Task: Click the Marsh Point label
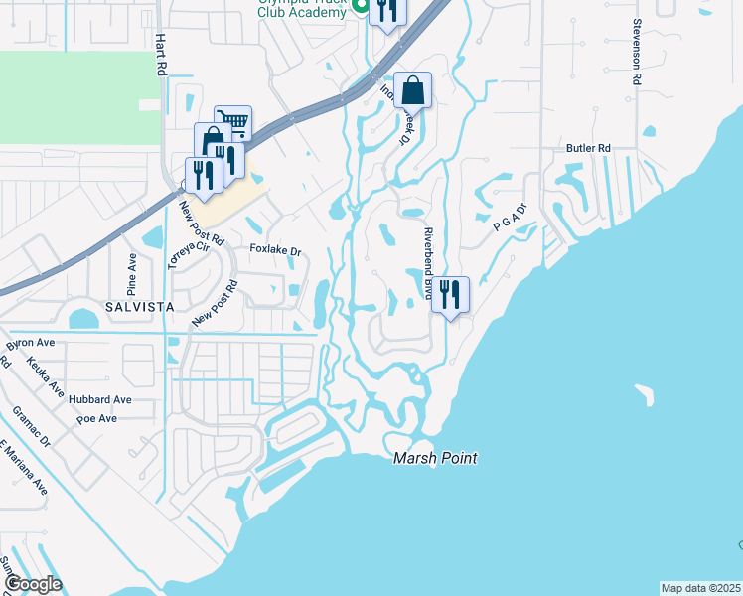pyautogui.click(x=435, y=458)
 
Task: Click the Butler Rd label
pyautogui.click(x=588, y=148)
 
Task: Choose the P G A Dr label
pyautogui.click(x=508, y=224)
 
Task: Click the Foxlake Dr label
pyautogui.click(x=275, y=251)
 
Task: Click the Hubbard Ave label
pyautogui.click(x=100, y=399)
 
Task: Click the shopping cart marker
pyautogui.click(x=232, y=122)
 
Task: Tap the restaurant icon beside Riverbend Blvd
pyautogui.click(x=450, y=293)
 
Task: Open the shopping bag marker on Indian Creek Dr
pyautogui.click(x=412, y=90)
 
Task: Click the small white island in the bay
pyautogui.click(x=645, y=394)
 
